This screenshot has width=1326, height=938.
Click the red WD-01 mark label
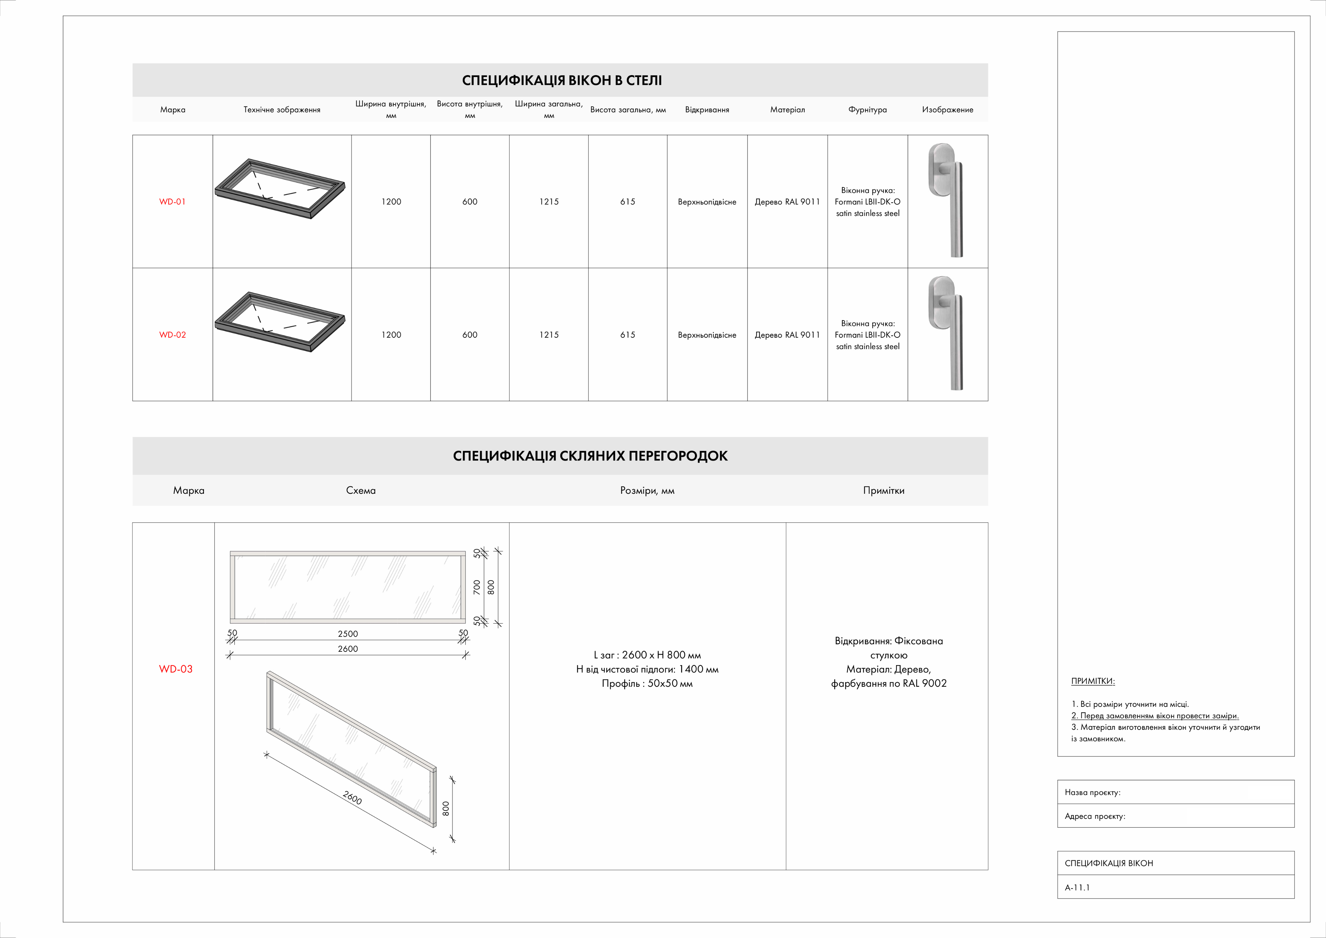tap(172, 202)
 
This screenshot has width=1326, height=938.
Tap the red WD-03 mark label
tap(175, 669)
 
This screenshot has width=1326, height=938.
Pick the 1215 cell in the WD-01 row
tap(549, 202)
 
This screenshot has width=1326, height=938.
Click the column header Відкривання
tap(707, 110)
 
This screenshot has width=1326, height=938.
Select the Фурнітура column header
tap(868, 110)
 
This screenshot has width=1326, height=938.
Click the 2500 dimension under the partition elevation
tap(348, 634)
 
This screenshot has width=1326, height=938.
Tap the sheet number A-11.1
tap(1077, 887)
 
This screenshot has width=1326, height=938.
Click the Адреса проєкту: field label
tap(1095, 816)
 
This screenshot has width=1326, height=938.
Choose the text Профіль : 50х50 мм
tap(647, 683)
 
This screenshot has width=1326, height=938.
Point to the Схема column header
tap(360, 491)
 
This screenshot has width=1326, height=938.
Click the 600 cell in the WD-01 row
tap(469, 202)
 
